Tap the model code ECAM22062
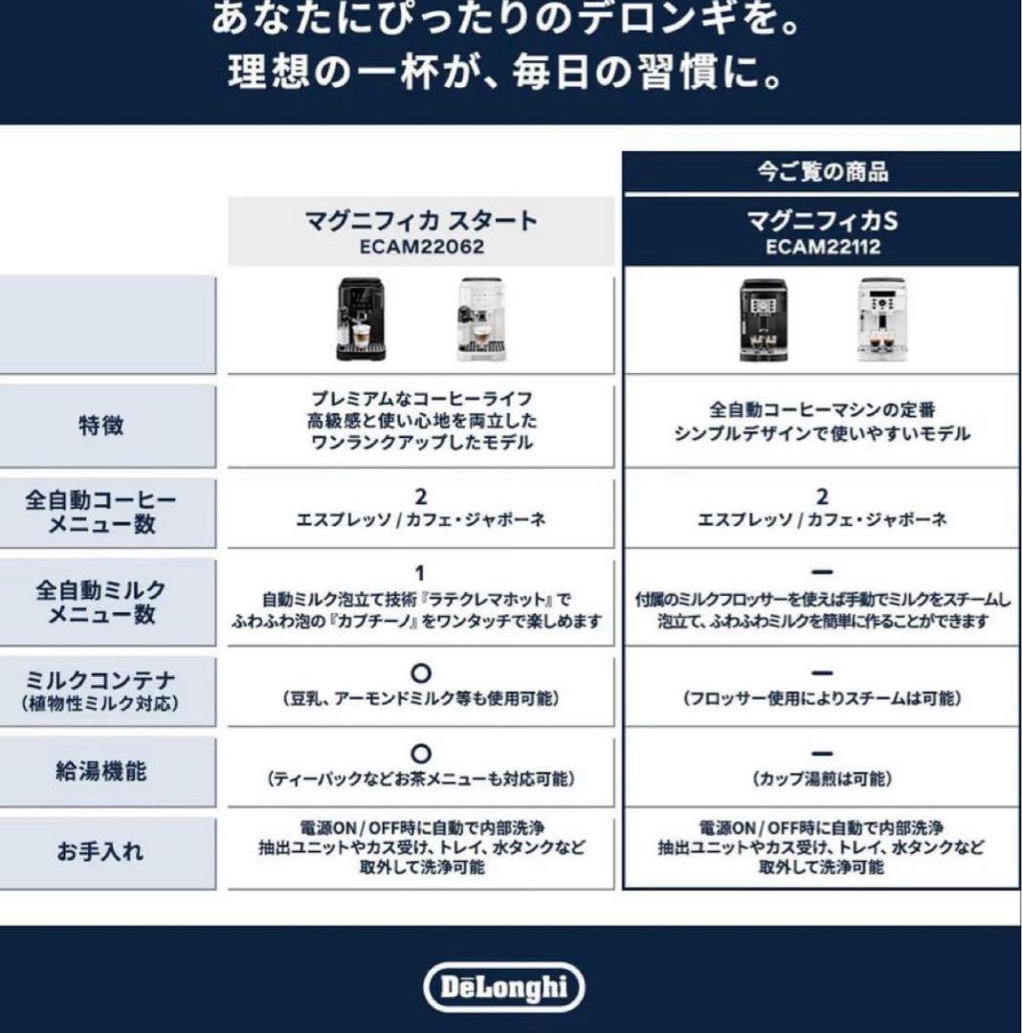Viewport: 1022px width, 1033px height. click(421, 246)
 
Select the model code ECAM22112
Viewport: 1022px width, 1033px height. click(822, 247)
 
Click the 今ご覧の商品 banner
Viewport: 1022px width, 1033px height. click(822, 172)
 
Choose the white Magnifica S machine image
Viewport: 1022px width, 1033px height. click(880, 319)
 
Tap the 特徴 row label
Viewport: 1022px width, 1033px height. click(100, 426)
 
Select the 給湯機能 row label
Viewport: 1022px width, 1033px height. click(100, 769)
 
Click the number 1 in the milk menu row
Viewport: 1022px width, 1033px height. click(419, 574)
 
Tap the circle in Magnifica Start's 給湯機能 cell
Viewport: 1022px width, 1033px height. click(420, 754)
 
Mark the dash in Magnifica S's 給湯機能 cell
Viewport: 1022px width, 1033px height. click(822, 755)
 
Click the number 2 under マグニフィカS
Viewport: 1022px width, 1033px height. click(822, 497)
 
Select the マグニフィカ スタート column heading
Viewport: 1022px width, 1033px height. click(421, 222)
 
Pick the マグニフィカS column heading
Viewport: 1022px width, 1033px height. click(822, 222)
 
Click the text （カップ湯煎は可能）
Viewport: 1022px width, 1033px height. click(822, 780)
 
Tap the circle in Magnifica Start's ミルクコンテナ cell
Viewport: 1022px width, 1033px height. click(420, 672)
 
